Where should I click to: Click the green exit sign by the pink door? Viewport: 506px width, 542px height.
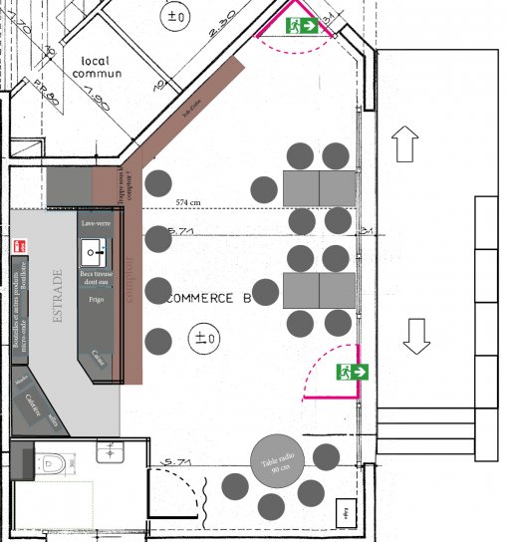[x=353, y=372]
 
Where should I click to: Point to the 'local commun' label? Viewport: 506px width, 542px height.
[x=102, y=68]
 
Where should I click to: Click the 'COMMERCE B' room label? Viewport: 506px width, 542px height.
[x=207, y=298]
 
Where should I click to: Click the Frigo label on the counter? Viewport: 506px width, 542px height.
[x=96, y=299]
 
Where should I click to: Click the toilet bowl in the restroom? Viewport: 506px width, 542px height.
[x=54, y=462]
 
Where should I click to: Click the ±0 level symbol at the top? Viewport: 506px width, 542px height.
[x=177, y=16]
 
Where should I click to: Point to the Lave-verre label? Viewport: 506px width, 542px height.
[x=96, y=224]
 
